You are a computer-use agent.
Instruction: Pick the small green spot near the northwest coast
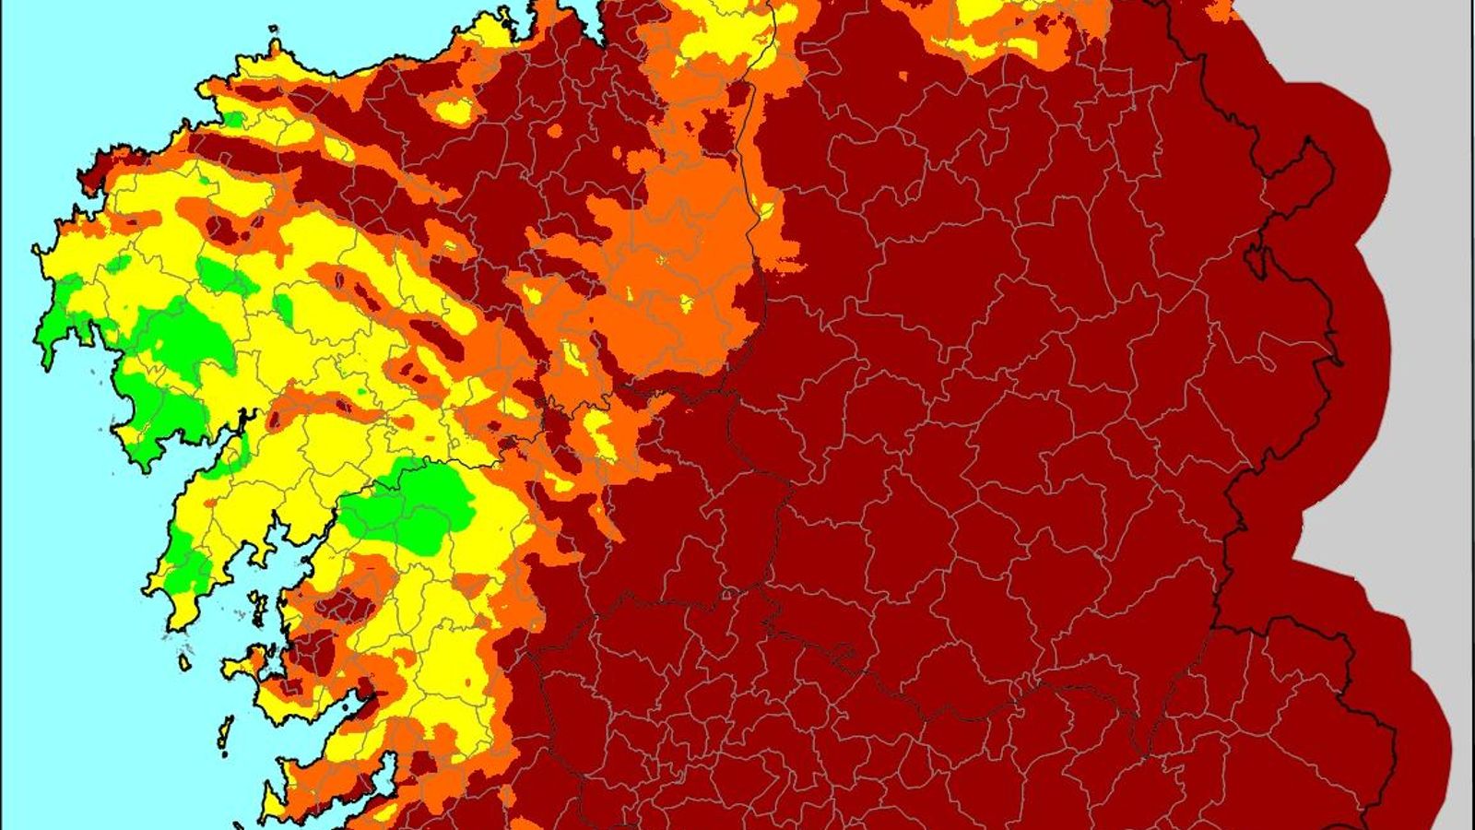point(234,119)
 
